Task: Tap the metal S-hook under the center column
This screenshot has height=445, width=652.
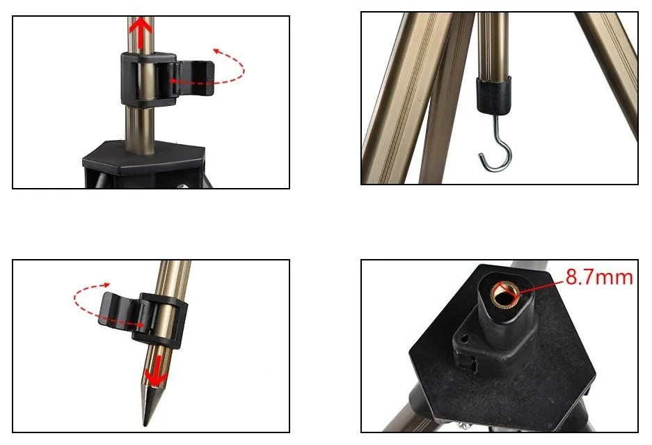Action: [x=495, y=143]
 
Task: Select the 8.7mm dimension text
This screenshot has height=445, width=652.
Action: [x=599, y=277]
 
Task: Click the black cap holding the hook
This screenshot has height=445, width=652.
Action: [x=493, y=95]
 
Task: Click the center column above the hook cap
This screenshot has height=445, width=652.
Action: [x=493, y=46]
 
